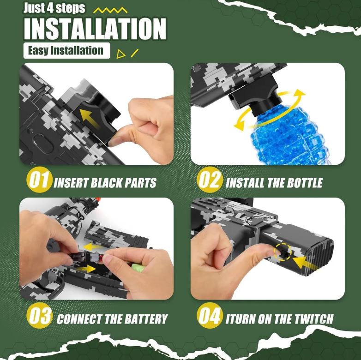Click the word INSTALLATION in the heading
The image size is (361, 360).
(x=95, y=29)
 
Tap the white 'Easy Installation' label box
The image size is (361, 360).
(x=67, y=51)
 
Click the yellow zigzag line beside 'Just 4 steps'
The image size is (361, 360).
(x=110, y=10)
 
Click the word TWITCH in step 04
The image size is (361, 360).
(x=314, y=319)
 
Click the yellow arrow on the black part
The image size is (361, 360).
(x=90, y=117)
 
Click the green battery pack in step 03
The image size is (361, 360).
(x=138, y=268)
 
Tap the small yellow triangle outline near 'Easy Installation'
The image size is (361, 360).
(x=120, y=54)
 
